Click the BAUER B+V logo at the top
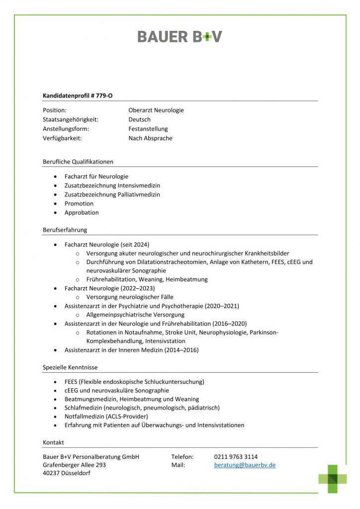[x=180, y=36]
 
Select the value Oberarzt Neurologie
[x=156, y=110]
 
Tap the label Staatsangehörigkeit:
[x=70, y=120]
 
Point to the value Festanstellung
[x=148, y=129]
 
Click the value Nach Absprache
[x=150, y=139]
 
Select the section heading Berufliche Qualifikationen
[x=78, y=162]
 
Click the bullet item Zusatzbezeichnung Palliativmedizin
[x=112, y=194]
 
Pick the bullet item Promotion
[x=79, y=203]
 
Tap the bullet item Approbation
[x=82, y=213]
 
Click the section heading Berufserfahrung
[x=65, y=230]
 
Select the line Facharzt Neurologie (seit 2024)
[x=106, y=245]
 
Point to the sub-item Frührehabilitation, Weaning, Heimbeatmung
[x=147, y=279]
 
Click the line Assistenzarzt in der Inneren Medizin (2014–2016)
[x=131, y=350]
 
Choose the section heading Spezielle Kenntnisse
[x=70, y=367]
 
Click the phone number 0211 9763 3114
[x=236, y=457]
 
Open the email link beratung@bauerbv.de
[x=245, y=465]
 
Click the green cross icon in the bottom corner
[x=333, y=479]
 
